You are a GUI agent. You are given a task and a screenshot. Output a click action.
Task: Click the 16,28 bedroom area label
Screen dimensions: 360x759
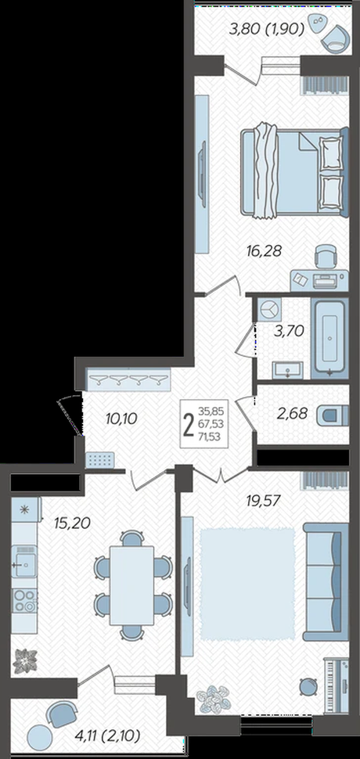click(264, 251)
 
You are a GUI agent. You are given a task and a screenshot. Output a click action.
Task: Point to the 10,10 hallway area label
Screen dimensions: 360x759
click(121, 418)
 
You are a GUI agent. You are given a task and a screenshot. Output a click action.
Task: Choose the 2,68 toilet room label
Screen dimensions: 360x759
click(292, 414)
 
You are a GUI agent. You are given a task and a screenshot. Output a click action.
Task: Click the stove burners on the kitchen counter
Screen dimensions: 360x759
click(25, 600)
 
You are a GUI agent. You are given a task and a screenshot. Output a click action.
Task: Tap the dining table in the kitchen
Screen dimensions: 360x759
click(132, 585)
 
